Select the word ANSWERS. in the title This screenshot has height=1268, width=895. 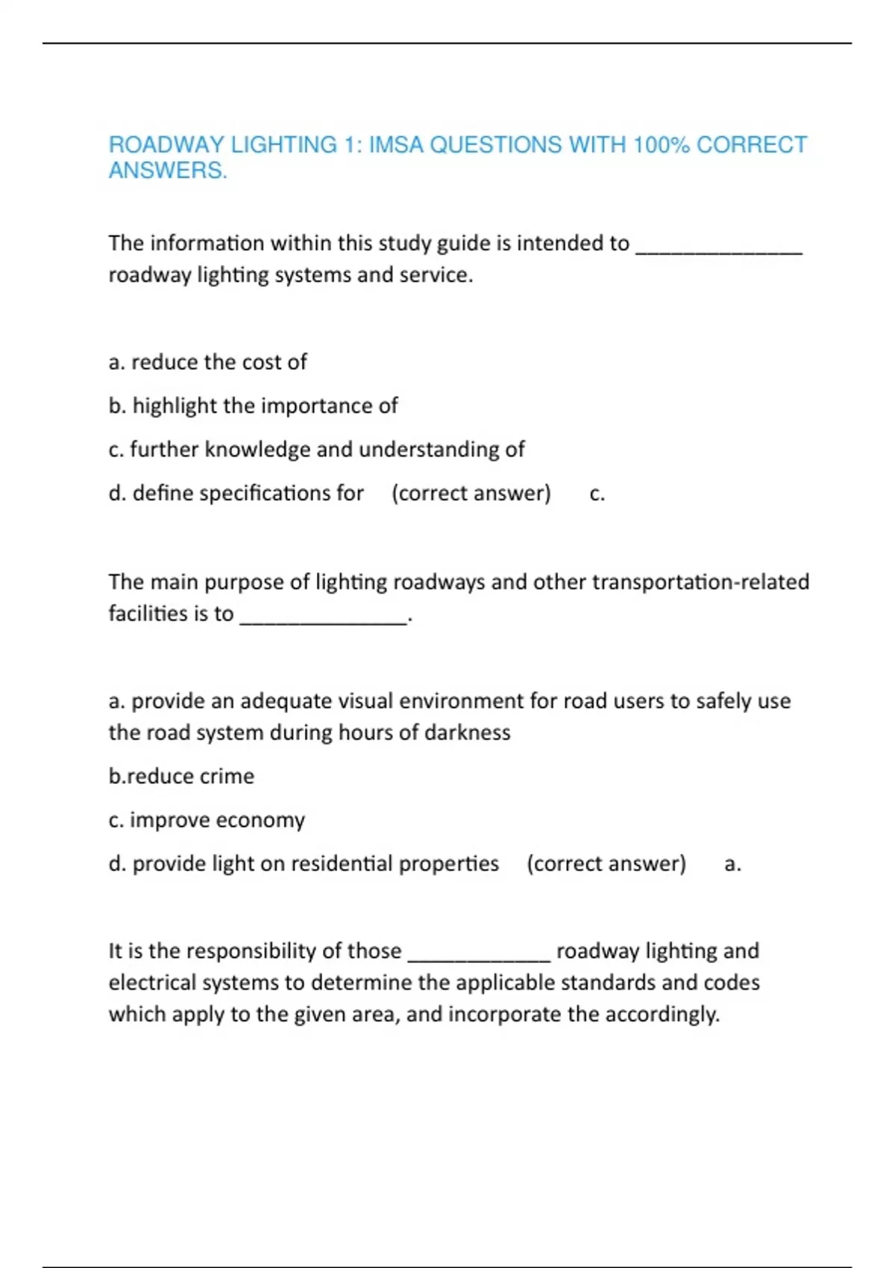click(168, 171)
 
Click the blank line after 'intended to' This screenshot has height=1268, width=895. click(718, 248)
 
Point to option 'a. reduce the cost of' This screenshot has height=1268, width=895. click(207, 362)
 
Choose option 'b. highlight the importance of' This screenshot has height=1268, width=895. click(253, 406)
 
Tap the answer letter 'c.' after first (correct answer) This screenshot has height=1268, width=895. click(597, 494)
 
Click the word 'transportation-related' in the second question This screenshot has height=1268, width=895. click(700, 582)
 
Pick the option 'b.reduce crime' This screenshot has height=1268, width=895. click(181, 776)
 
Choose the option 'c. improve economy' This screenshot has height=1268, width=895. click(207, 820)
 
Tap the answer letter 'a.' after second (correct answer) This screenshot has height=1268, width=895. click(732, 864)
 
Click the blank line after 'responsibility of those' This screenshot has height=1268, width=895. click(479, 956)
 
